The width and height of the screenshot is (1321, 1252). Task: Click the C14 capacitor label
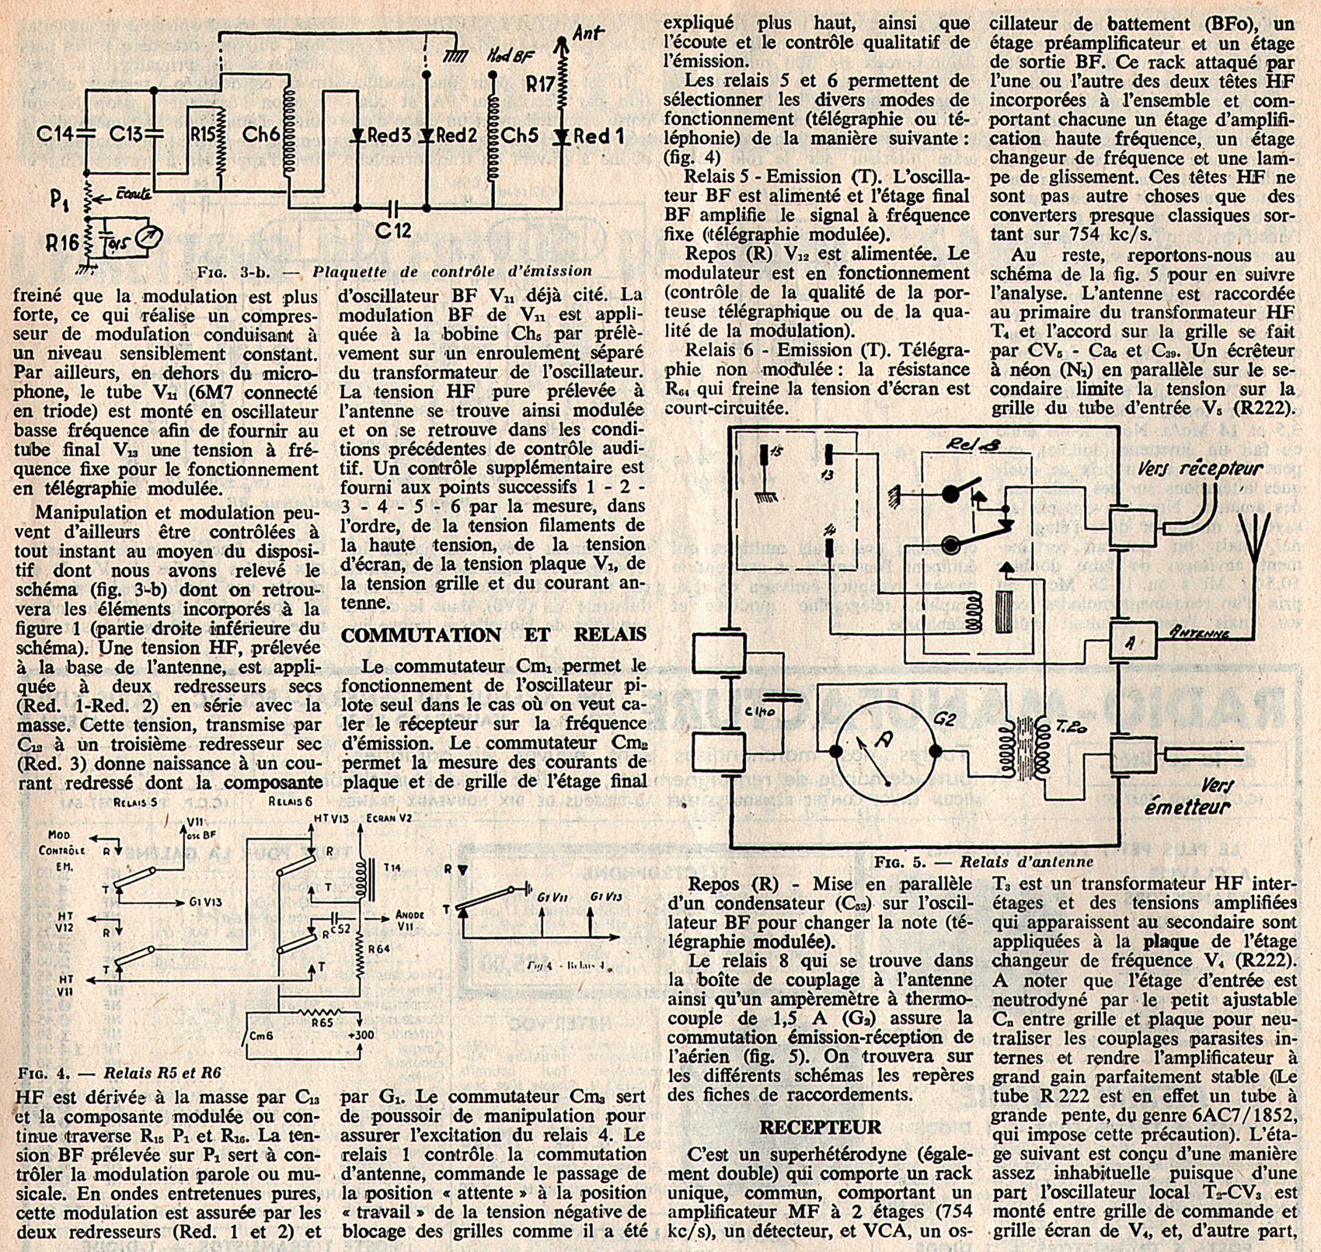coord(54,135)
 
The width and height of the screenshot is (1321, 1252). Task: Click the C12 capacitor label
coord(394,231)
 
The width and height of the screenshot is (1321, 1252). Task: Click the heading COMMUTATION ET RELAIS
coord(493,635)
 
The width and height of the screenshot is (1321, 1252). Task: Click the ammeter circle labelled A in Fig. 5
coord(885,750)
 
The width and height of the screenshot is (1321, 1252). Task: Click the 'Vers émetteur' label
coord(1188,796)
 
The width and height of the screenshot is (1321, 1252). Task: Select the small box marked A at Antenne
coord(1131,642)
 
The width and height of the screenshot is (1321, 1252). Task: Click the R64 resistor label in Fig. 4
coord(380,948)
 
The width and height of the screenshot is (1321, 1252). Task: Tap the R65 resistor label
coord(324,1024)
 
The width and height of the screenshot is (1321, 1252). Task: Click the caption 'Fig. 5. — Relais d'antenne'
coord(983,862)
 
